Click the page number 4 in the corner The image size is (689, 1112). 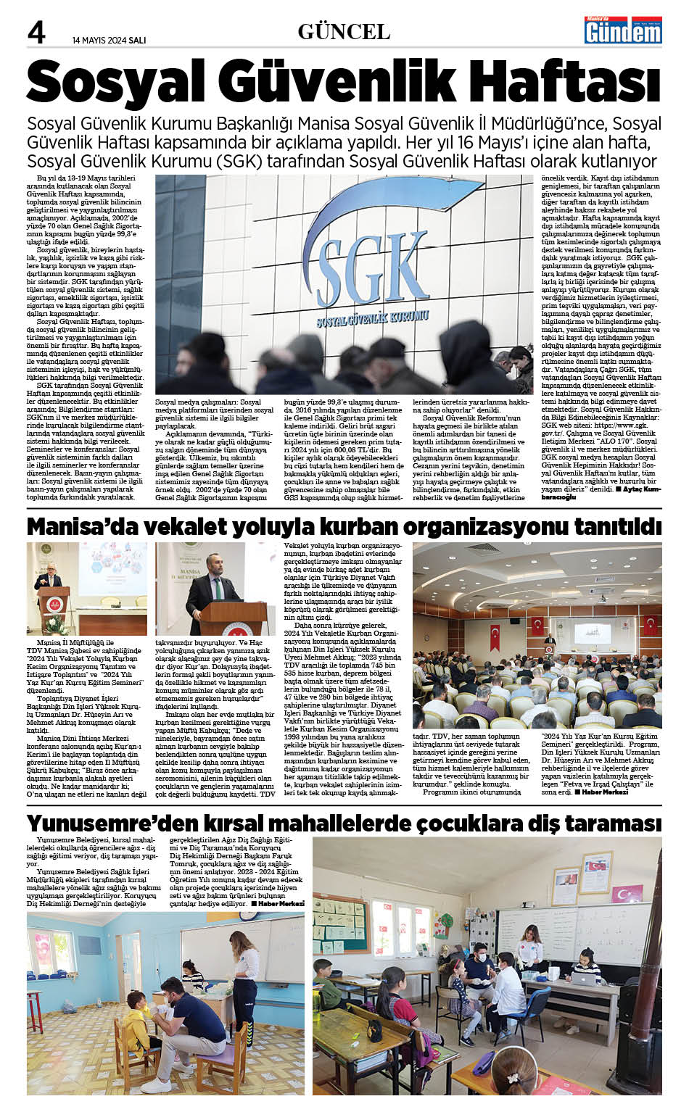click(x=36, y=33)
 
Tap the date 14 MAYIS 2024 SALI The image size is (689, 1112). click(x=109, y=40)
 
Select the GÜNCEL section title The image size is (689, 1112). click(x=344, y=32)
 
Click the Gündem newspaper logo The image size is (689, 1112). click(x=623, y=30)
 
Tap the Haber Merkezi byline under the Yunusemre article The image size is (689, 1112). click(x=278, y=904)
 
